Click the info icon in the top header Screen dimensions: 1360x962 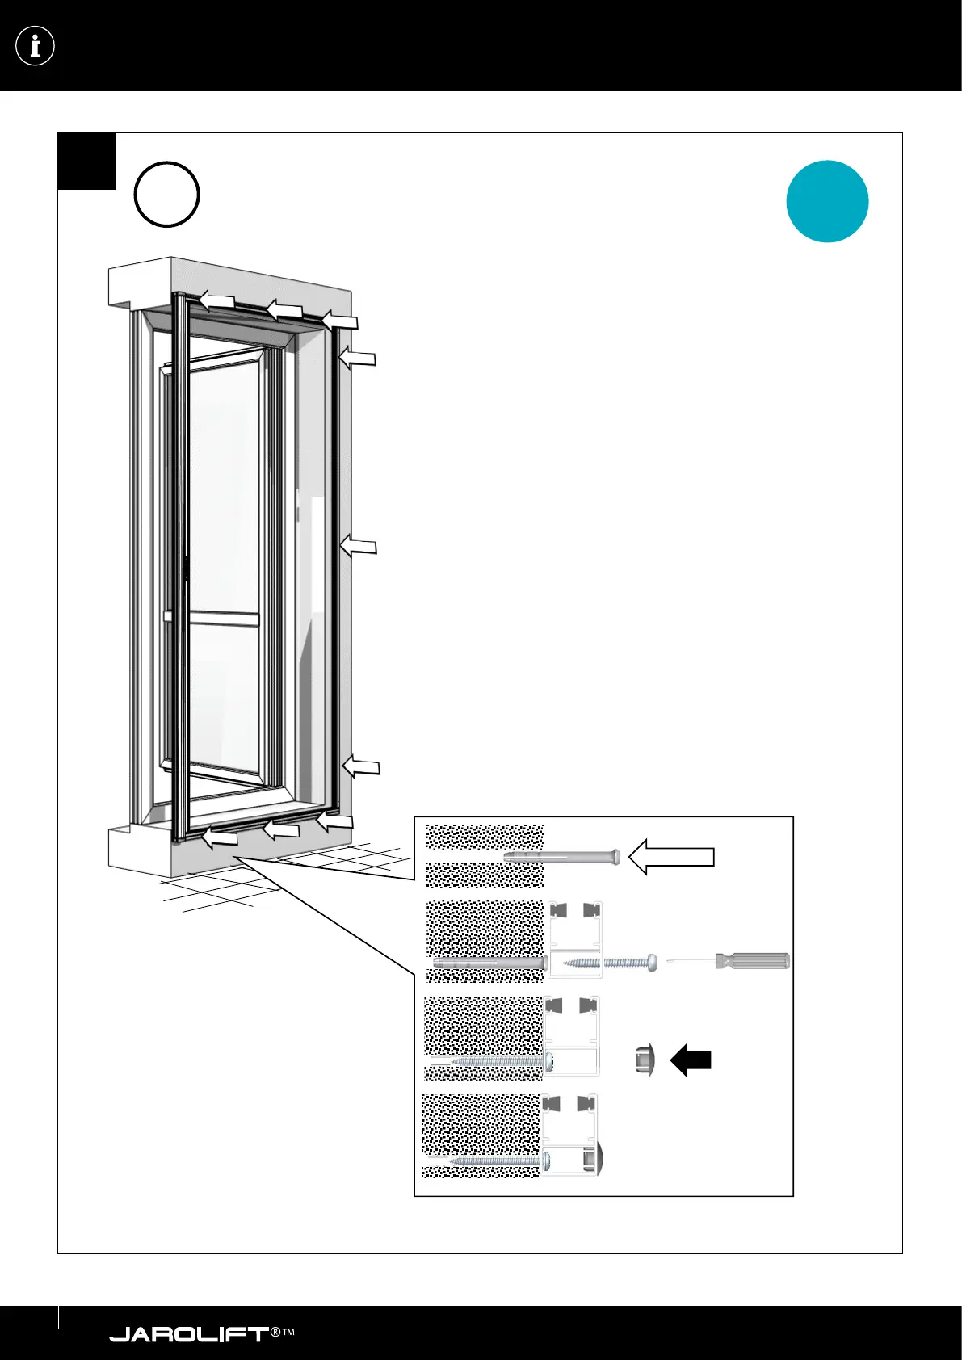[x=35, y=46]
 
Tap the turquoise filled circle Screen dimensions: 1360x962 [x=827, y=201]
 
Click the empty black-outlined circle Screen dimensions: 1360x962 [x=166, y=195]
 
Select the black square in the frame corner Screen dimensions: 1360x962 [x=86, y=161]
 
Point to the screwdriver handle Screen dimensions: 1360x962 [x=752, y=961]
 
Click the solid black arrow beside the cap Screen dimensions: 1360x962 [x=691, y=1060]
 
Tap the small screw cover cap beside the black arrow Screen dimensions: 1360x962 [x=645, y=1060]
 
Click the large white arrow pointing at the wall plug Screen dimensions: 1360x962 [x=671, y=857]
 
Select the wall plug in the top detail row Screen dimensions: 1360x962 [x=562, y=857]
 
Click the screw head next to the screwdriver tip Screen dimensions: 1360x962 [x=650, y=962]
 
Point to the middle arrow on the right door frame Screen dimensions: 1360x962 [x=359, y=547]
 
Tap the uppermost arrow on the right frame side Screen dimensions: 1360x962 [x=357, y=357]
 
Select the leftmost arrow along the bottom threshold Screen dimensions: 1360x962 [x=219, y=839]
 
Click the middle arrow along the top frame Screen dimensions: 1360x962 [x=284, y=309]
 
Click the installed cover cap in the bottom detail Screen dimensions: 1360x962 [x=599, y=1159]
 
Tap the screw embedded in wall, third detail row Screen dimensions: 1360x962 [x=493, y=1060]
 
